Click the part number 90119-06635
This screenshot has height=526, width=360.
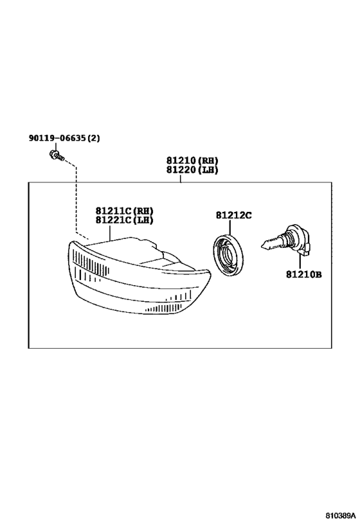(58, 138)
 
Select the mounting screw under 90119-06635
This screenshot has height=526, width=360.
(57, 156)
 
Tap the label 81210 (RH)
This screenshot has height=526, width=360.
(192, 161)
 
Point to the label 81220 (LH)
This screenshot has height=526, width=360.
(192, 170)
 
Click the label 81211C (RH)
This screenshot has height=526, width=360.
(124, 211)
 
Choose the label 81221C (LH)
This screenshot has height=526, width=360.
(124, 220)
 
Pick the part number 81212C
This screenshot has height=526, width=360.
(234, 215)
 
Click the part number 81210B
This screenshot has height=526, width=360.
(304, 274)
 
